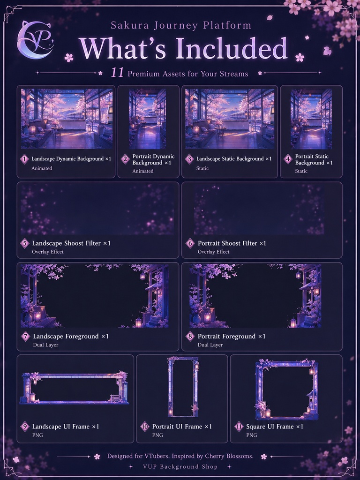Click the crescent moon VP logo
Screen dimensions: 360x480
[35, 40]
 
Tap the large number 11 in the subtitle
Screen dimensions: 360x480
[117, 73]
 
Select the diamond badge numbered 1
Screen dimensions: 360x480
[24, 159]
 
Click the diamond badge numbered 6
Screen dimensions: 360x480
[190, 243]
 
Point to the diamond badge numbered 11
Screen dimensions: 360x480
[239, 427]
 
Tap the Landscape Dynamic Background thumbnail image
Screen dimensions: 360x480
[67, 119]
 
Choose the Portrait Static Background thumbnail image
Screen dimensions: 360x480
[311, 119]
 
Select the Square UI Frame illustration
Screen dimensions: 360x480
[286, 390]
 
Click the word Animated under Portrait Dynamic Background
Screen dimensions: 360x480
[142, 171]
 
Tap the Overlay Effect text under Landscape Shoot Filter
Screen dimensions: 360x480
[48, 252]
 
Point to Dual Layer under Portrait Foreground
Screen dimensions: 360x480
[210, 345]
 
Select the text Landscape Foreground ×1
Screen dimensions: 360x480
[71, 337]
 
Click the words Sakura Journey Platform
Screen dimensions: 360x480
[181, 25]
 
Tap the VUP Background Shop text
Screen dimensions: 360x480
[180, 467]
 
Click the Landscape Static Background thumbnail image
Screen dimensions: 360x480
[230, 119]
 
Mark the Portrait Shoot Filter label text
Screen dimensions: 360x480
[232, 243]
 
